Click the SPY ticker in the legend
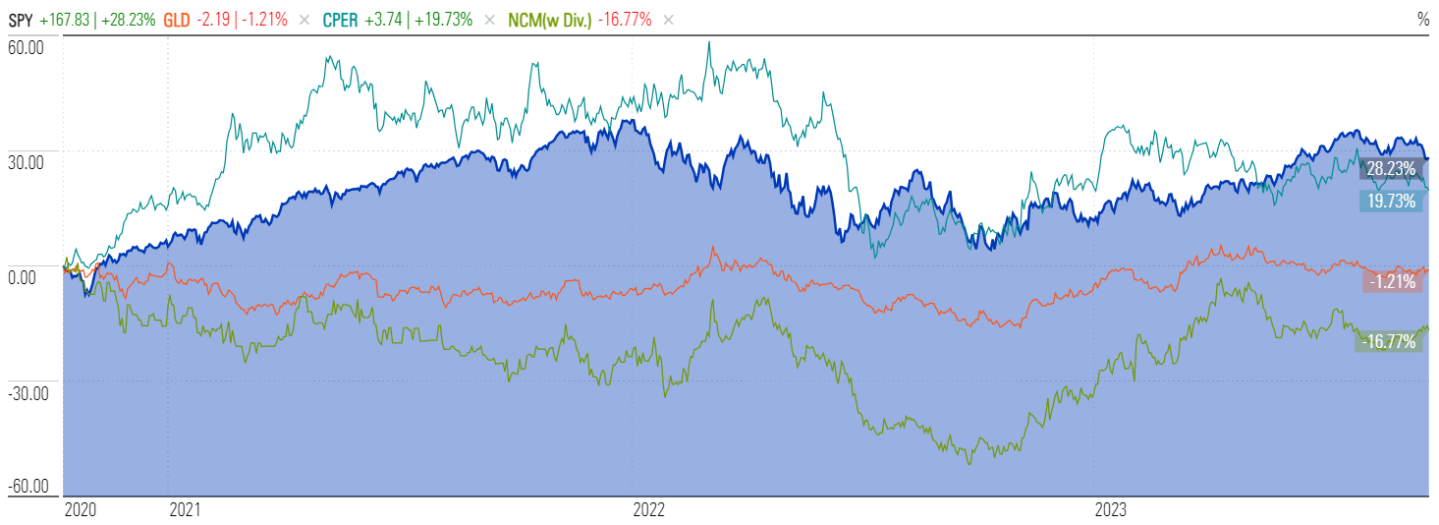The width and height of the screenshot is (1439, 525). point(21,19)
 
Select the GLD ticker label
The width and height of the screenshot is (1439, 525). point(179,19)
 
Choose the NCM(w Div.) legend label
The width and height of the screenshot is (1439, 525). point(551,19)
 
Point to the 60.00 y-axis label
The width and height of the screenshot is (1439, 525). point(27,47)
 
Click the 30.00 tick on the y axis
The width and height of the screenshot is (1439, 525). point(27,163)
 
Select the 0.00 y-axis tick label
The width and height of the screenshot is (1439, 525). point(24,278)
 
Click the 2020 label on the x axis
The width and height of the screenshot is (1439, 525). point(81,510)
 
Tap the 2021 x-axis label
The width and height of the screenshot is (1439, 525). point(186,510)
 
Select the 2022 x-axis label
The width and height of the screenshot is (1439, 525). point(649,510)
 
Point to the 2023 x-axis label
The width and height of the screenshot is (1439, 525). point(1111,510)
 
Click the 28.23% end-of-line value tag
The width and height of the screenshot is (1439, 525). point(1392,169)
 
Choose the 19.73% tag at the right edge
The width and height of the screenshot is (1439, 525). point(1392,201)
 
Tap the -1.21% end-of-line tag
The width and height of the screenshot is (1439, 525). point(1392,282)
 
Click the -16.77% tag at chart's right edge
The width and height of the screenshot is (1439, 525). point(1390,342)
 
